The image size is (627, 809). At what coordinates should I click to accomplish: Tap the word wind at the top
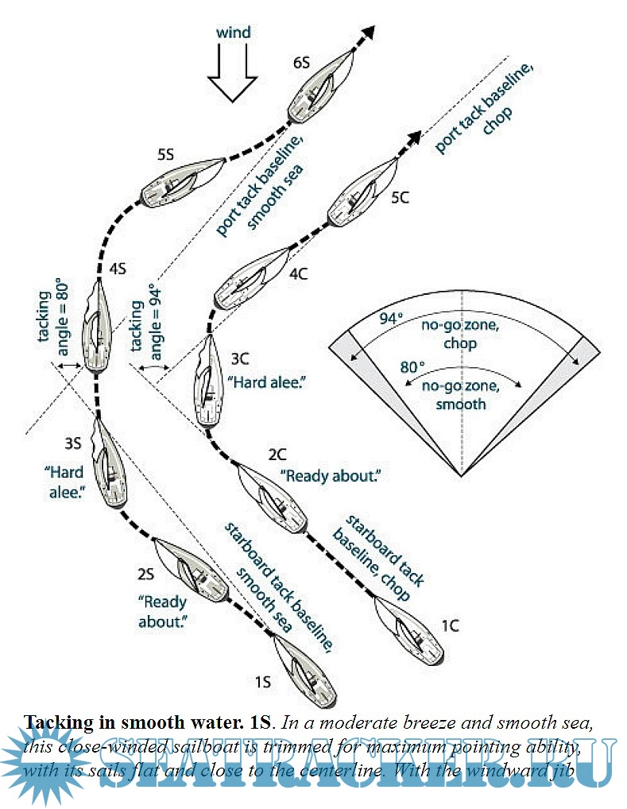(x=234, y=33)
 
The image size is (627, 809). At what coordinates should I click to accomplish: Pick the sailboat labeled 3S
(x=109, y=464)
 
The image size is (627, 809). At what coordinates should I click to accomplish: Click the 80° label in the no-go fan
(x=412, y=368)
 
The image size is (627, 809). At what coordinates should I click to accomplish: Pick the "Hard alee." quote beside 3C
(x=267, y=381)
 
